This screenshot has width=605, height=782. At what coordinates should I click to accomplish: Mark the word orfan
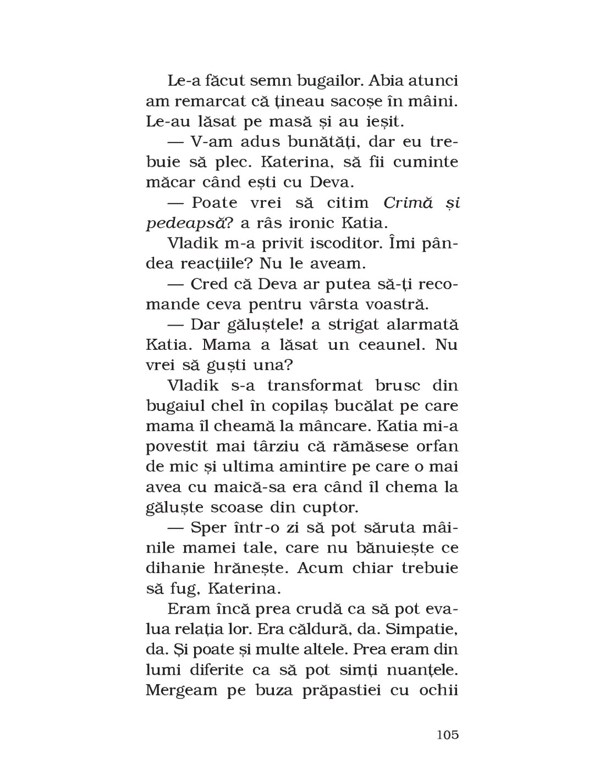pyautogui.click(x=438, y=446)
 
